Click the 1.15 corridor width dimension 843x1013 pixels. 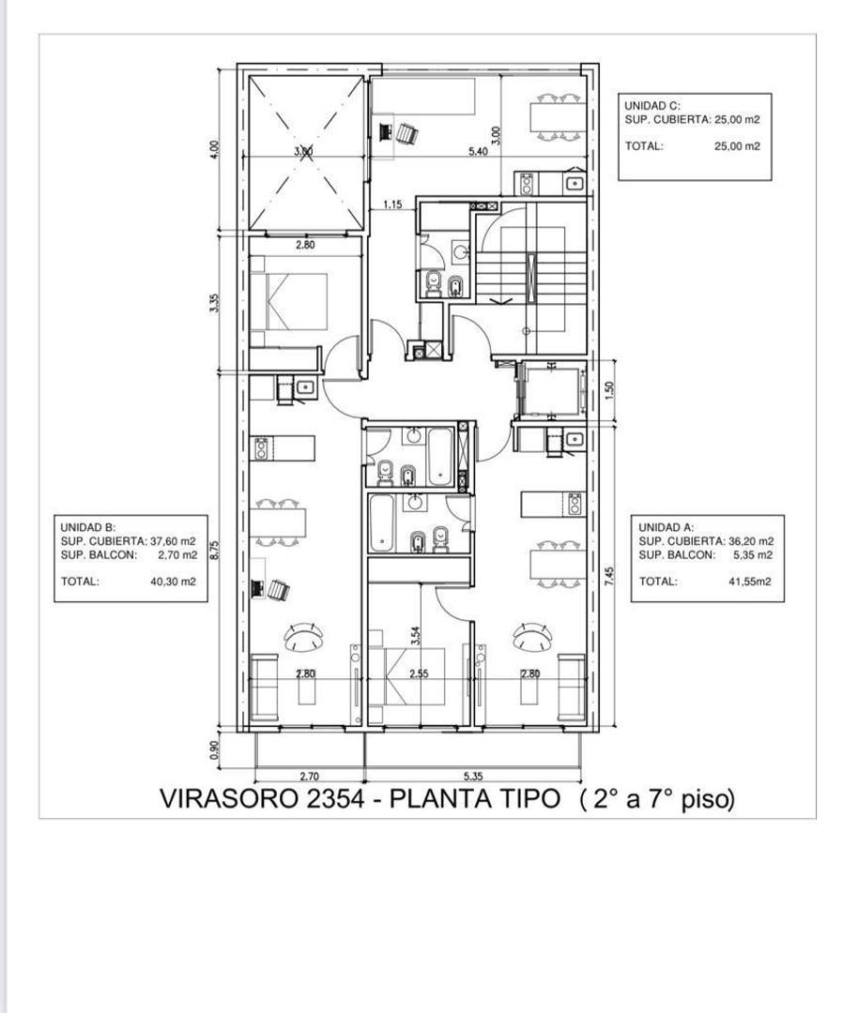tap(392, 204)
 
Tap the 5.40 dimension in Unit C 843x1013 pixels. tap(478, 152)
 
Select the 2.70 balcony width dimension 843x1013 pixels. tap(310, 777)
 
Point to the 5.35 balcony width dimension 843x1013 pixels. tap(473, 777)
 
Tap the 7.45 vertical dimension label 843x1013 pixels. tap(608, 576)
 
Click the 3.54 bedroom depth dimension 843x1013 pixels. tap(416, 636)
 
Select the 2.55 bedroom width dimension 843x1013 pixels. tap(419, 673)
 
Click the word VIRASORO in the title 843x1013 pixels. tap(230, 799)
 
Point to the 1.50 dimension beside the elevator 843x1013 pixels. tap(608, 390)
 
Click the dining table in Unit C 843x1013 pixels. tap(558, 117)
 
